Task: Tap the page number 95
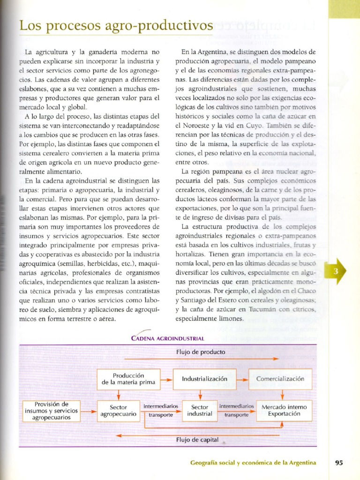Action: [339, 463]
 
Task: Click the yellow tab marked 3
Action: [337, 271]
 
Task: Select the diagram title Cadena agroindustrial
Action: [167, 338]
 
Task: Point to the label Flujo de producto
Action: [201, 352]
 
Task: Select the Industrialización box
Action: [204, 379]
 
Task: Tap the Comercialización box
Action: [280, 379]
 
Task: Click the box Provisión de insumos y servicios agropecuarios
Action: [52, 411]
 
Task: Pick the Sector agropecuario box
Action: [119, 411]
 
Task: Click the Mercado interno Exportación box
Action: [284, 411]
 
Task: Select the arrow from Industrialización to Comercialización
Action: [242, 379]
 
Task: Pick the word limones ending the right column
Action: [230, 319]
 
